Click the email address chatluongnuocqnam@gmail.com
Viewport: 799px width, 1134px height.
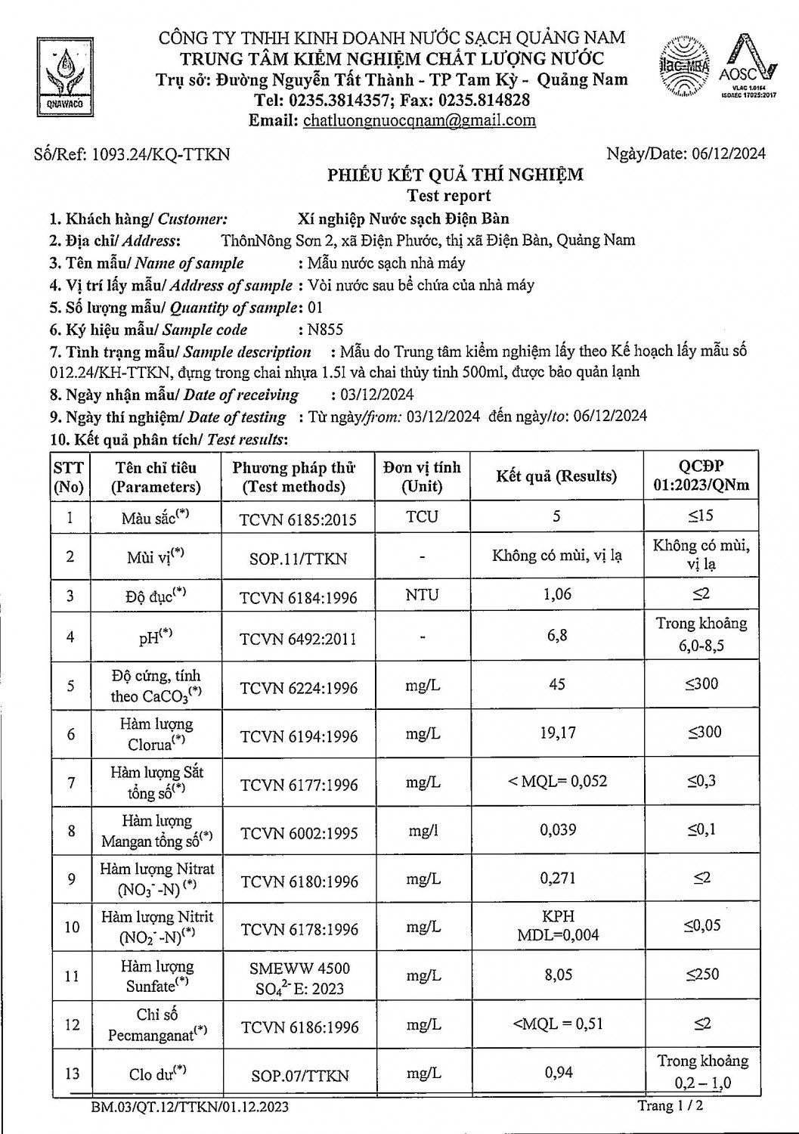419,120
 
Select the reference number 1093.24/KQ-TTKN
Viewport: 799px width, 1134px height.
160,154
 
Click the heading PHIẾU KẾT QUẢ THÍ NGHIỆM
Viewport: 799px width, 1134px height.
455,175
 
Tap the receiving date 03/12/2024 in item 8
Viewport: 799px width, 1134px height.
372,394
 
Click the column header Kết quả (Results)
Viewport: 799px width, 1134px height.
556,476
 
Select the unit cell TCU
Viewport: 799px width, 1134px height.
422,517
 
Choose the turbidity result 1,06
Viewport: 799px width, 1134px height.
558,594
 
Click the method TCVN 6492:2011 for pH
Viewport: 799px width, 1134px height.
298,639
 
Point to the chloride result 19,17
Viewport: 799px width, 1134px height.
558,732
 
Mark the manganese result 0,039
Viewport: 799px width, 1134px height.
558,830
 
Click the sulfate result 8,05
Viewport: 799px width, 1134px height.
558,975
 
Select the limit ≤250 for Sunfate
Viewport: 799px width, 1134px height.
702,974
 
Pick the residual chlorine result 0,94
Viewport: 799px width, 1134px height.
558,1072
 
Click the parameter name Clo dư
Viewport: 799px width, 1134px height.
157,1074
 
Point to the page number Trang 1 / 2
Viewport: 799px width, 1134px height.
671,1106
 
